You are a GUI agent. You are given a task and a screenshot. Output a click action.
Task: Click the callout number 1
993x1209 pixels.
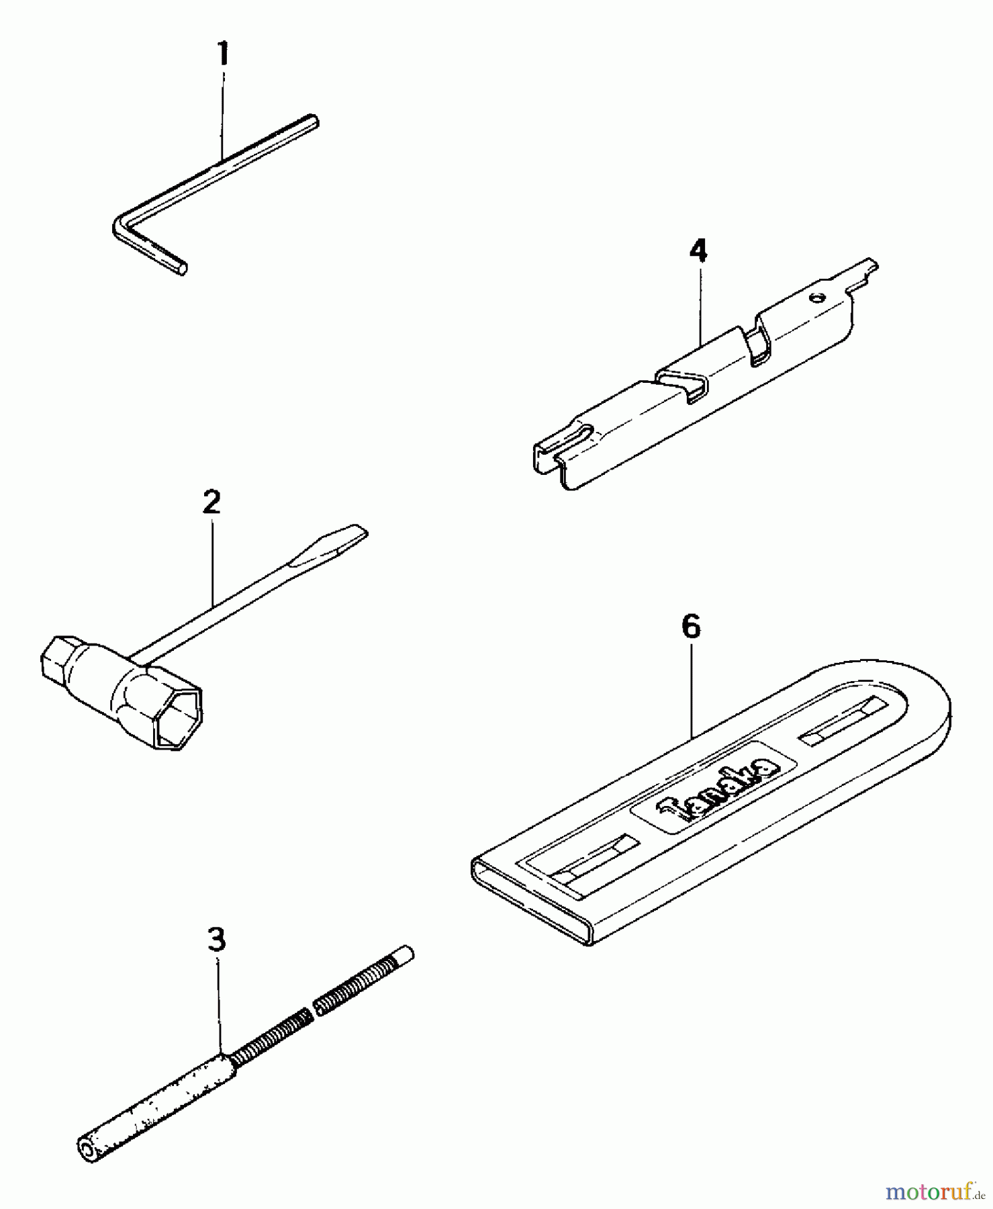click(223, 54)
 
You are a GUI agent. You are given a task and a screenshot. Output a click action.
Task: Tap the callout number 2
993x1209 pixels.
click(211, 502)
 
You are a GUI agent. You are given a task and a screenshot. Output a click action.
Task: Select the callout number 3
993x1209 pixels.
click(216, 940)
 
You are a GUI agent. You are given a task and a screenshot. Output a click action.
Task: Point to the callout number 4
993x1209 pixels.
click(698, 251)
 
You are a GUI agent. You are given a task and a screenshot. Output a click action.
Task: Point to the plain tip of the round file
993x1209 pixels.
click(405, 955)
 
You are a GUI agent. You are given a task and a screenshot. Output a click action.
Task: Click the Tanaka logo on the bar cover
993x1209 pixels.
click(716, 790)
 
